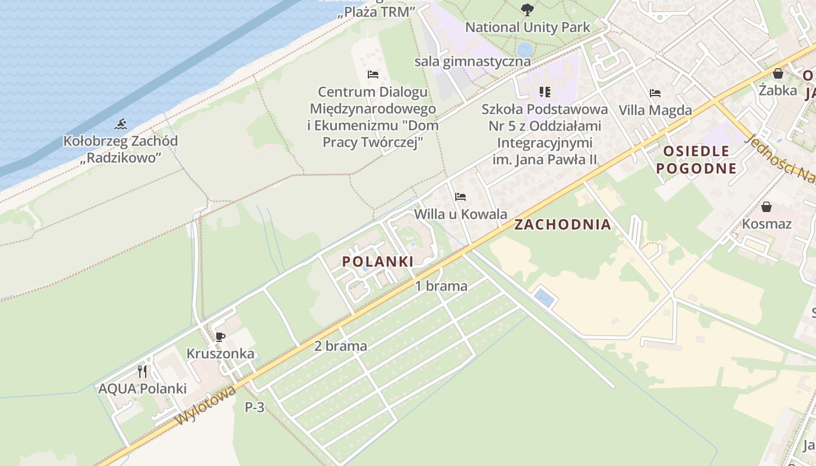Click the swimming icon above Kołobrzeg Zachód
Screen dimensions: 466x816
tap(121, 124)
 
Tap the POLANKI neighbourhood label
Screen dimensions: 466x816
tap(378, 262)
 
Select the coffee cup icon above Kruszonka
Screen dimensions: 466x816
tap(220, 337)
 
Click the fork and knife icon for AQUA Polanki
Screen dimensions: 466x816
tap(142, 371)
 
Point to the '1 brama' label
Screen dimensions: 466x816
tap(441, 286)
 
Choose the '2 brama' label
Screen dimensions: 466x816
tap(340, 346)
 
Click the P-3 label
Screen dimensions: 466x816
tap(255, 407)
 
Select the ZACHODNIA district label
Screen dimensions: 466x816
tap(562, 225)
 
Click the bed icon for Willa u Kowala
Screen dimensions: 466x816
tap(460, 197)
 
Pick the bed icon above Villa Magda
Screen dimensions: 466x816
tap(655, 93)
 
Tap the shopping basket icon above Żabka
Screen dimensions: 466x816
tap(778, 73)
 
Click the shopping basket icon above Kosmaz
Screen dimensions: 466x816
tap(766, 207)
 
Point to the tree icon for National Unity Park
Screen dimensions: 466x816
tap(527, 9)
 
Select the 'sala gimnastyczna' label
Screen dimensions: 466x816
tap(473, 62)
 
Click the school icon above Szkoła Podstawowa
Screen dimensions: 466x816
tap(545, 91)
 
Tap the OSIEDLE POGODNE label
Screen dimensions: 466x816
tap(696, 160)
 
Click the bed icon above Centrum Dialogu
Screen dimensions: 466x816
tap(373, 75)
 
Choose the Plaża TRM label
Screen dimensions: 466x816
tap(376, 12)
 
